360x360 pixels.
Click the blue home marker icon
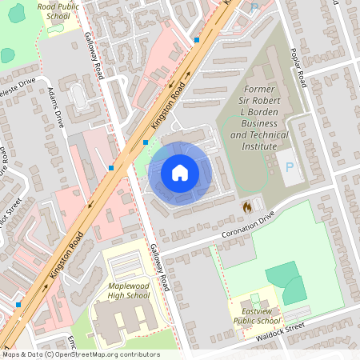coord(180,173)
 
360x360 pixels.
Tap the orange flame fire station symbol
coord(247,206)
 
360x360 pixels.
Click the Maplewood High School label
coord(128,290)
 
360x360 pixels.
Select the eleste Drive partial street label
coord(18,83)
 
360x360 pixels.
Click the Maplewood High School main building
coord(120,320)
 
